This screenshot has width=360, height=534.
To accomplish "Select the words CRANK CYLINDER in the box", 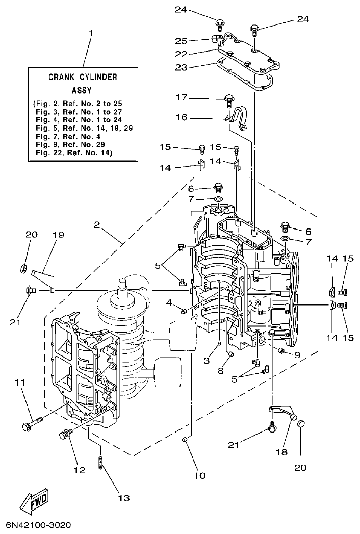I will click(x=83, y=78).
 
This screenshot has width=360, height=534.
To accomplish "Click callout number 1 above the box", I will click(x=91, y=33).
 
